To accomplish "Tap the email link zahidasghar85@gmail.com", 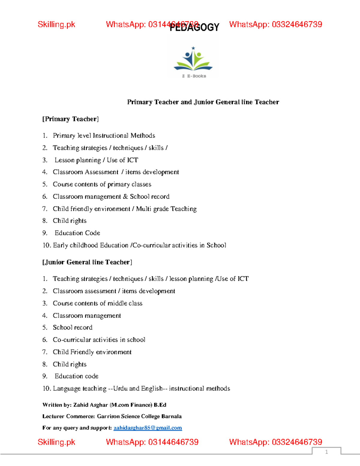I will coord(148,428).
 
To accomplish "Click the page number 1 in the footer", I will coord(326,452).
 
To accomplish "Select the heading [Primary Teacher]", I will coord(70,119).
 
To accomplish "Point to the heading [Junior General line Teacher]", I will coord(87,262).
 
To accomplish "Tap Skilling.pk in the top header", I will coord(56,25).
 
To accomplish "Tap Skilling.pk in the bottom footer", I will coord(56,442).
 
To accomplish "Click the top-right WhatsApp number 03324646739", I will coord(297,25).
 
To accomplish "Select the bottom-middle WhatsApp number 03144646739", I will coord(173,442).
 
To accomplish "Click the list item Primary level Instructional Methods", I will coord(104,136).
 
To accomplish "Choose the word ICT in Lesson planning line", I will coord(133,160).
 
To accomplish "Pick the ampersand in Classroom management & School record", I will coord(125,197).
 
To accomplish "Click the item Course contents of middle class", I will coord(97,303).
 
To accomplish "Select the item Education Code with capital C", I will coord(77,233).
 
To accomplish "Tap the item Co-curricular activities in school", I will coord(99,340).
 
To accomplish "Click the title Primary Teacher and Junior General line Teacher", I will coord(203,102).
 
